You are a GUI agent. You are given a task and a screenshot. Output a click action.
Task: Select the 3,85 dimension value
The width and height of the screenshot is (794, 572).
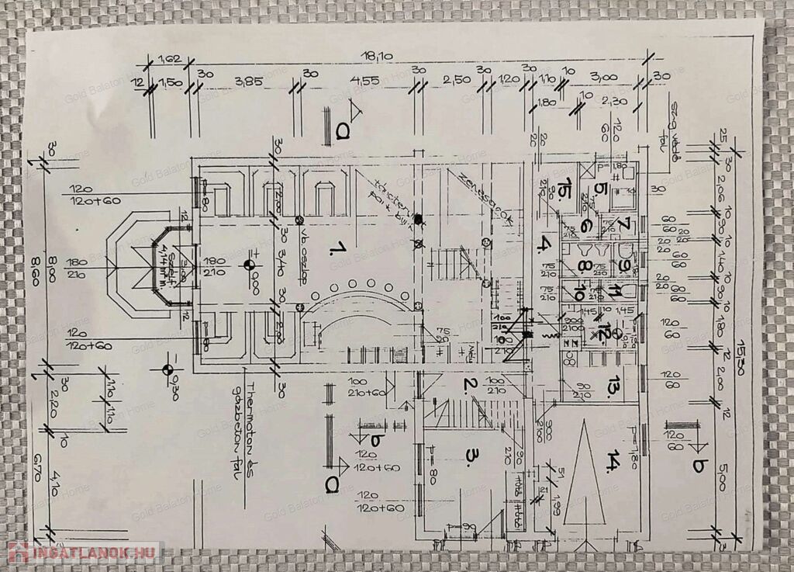click(249, 81)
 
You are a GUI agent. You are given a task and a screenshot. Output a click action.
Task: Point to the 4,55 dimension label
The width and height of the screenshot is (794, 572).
click(364, 81)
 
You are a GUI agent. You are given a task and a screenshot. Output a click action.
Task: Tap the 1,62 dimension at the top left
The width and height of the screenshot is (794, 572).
click(169, 58)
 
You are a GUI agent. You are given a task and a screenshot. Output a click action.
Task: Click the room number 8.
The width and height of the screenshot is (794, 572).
click(583, 265)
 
